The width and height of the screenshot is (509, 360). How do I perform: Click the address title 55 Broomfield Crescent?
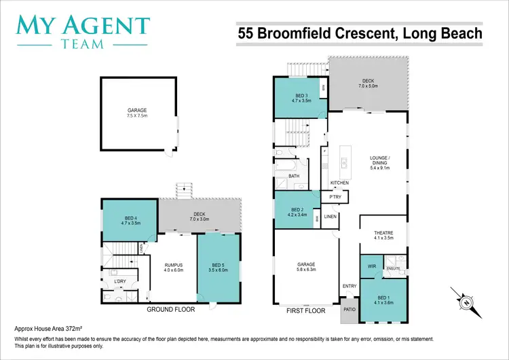pyautogui.click(x=360, y=33)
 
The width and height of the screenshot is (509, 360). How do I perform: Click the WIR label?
pyautogui.click(x=371, y=266)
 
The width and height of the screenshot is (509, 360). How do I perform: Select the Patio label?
pyautogui.click(x=350, y=310)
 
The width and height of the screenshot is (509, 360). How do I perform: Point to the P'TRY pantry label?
pyautogui.click(x=335, y=197)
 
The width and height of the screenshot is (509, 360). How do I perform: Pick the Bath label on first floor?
pyautogui.click(x=294, y=176)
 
